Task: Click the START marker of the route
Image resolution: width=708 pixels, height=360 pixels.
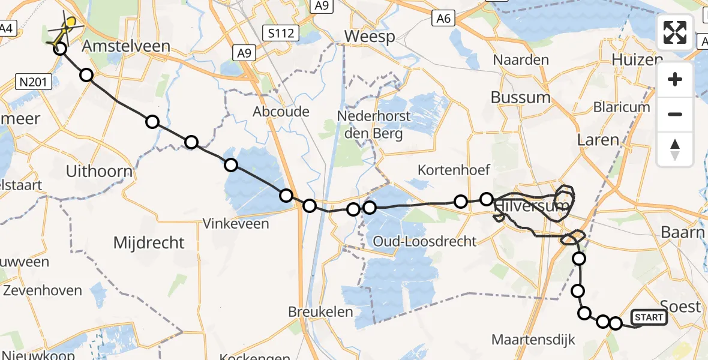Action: click(649, 317)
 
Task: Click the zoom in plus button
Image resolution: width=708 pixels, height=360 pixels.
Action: click(675, 80)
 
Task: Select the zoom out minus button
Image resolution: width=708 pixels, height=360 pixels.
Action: click(675, 114)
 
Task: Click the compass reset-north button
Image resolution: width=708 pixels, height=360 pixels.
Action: click(675, 149)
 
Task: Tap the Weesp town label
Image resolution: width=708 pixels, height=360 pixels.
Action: click(369, 37)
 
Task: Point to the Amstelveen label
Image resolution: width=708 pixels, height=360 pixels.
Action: click(126, 46)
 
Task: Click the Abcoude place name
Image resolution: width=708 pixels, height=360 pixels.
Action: click(281, 112)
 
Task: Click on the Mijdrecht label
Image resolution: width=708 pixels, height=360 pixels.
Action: click(149, 243)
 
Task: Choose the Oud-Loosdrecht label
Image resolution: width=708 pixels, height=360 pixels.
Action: click(424, 242)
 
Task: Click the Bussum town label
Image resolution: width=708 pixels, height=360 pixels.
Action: click(520, 97)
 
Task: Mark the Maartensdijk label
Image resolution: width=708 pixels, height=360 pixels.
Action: click(533, 340)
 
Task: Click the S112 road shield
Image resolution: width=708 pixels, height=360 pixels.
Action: click(281, 33)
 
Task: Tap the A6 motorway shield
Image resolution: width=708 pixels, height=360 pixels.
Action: click(443, 19)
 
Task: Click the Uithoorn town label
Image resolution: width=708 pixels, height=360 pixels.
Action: click(99, 172)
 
